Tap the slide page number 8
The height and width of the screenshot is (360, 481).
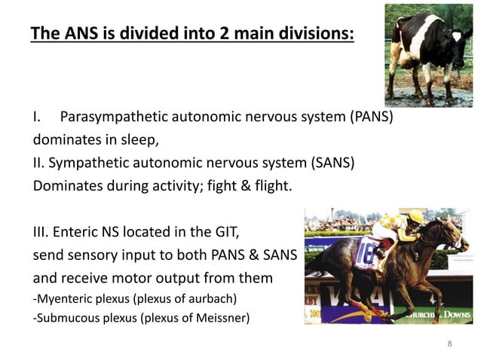(x=450, y=344)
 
